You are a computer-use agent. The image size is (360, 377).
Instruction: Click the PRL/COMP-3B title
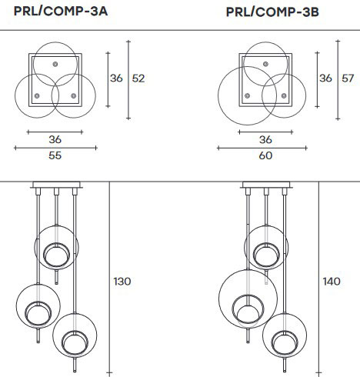(x=272, y=12)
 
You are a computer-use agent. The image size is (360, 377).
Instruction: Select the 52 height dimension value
(x=138, y=78)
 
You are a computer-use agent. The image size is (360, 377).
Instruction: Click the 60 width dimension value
(x=265, y=155)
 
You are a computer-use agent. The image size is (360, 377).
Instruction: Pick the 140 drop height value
(x=332, y=282)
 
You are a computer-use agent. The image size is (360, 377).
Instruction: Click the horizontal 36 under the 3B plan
(x=265, y=140)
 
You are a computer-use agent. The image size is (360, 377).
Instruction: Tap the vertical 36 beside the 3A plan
(x=116, y=78)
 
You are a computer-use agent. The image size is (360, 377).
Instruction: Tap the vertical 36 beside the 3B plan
(x=325, y=78)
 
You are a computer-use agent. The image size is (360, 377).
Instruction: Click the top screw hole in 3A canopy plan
(x=55, y=62)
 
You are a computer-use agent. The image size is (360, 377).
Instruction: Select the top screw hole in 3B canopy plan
(x=265, y=62)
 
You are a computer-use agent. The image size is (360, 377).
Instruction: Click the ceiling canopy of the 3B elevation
(x=265, y=185)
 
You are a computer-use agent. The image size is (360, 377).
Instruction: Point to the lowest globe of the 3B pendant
(x=283, y=332)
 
